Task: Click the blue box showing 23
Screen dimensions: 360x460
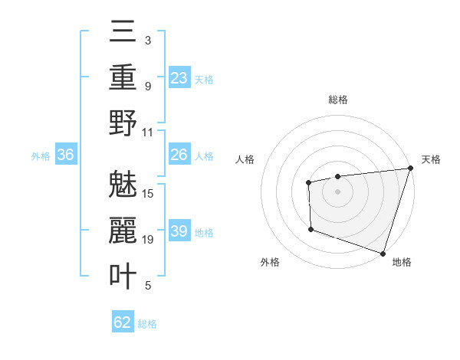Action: pos(179,78)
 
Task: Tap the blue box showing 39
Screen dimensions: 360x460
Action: pos(179,231)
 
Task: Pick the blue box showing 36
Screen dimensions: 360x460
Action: pos(66,155)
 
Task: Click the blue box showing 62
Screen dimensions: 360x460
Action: pos(123,322)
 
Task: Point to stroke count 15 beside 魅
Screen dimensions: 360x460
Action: pos(149,193)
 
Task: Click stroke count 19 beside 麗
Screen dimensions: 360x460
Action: pos(149,240)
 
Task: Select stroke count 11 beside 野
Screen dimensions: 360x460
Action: pos(149,132)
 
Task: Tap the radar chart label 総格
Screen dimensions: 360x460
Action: pos(338,100)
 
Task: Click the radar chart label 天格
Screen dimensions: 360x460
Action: pos(431,159)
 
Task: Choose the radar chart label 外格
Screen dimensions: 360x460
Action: pos(270,262)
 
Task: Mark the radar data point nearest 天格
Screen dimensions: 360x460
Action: pos(410,169)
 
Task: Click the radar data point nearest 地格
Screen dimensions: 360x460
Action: pos(382,252)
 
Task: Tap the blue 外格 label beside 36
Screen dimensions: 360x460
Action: pos(41,156)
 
